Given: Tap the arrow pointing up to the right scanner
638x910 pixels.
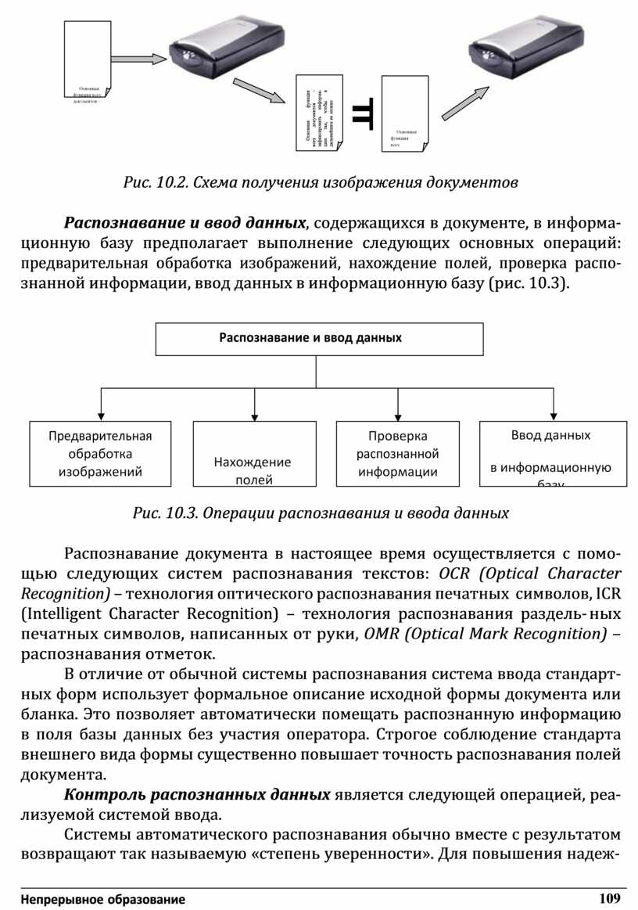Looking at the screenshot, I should tap(466, 103).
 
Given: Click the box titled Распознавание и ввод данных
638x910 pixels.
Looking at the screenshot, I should tap(319, 339).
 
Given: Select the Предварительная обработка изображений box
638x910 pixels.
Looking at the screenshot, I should tap(100, 453).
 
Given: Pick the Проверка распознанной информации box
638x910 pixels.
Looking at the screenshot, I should tap(398, 453).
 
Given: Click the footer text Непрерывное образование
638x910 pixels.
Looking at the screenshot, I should tap(104, 900).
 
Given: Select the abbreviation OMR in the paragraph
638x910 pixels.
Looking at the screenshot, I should tap(380, 634).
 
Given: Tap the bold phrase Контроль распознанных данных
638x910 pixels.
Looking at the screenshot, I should tap(197, 795).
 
